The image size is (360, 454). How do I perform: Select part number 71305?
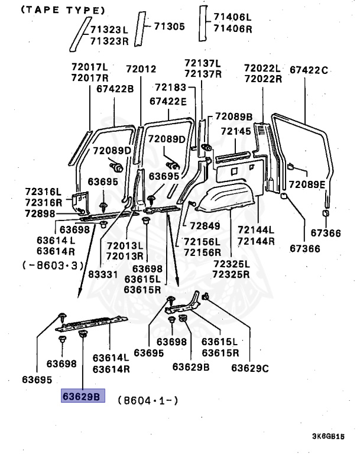[x=170, y=26]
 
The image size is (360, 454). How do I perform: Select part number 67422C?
[x=308, y=70]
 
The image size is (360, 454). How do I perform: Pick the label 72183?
[x=170, y=87]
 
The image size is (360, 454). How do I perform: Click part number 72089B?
[x=233, y=116]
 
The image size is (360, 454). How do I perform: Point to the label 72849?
[x=205, y=225]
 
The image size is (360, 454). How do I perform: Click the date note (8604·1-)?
[x=148, y=400]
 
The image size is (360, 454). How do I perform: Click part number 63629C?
[x=250, y=368]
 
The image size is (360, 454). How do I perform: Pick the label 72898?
[x=40, y=213]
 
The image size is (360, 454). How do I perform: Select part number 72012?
[x=141, y=70]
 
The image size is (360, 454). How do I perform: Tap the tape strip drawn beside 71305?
[x=138, y=28]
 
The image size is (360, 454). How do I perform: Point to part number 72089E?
[x=307, y=184]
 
